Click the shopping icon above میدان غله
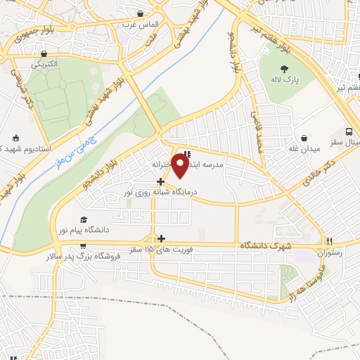tap(304, 138)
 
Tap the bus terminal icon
tap(349, 131)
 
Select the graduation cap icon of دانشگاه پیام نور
tap(84, 220)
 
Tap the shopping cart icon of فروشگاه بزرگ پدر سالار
tap(83, 246)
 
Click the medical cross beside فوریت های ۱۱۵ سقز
tap(162, 239)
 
